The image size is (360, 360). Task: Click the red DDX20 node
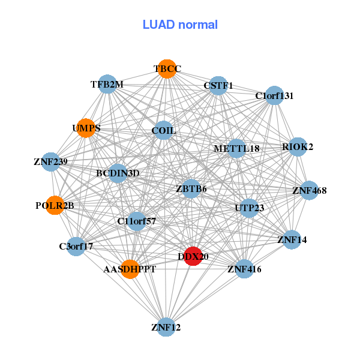(193, 256)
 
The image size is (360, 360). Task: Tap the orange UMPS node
(86, 128)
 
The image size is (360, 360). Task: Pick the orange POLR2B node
(55, 205)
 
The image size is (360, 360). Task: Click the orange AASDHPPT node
(129, 269)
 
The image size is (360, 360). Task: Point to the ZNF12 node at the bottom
(166, 326)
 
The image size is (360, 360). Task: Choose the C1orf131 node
(274, 96)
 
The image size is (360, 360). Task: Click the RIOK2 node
(298, 146)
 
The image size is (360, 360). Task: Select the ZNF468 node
(309, 191)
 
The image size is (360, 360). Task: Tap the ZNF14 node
(292, 239)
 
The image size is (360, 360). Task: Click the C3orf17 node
(76, 246)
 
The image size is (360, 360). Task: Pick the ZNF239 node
(51, 161)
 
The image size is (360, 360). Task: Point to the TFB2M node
(108, 85)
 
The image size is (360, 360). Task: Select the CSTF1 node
(218, 86)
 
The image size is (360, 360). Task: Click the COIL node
(163, 130)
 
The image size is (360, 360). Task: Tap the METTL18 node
(236, 148)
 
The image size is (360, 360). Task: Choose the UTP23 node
(249, 208)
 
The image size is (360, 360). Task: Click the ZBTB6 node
(191, 189)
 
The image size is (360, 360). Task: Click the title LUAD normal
(180, 25)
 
